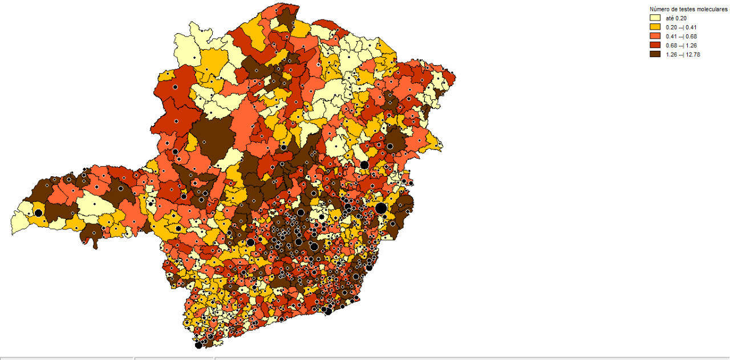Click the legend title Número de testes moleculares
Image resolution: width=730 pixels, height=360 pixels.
tap(688, 9)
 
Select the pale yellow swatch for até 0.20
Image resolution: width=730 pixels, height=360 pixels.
tap(655, 18)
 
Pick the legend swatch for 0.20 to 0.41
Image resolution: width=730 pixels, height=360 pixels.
tap(655, 27)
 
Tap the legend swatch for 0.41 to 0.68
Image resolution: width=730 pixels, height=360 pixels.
tap(655, 36)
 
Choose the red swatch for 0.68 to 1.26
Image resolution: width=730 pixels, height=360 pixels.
tap(655, 45)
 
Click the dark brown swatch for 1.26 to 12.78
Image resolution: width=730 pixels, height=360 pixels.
tap(655, 54)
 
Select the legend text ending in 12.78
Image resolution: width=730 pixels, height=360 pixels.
tap(683, 54)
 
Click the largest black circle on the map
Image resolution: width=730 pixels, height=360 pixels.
tap(381, 208)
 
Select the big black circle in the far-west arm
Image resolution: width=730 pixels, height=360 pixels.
tap(38, 213)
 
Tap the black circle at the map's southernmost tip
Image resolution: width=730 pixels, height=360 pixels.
tap(198, 345)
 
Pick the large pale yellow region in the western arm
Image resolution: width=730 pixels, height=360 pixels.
tap(95, 205)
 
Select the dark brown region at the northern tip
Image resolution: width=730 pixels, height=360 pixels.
tap(286, 17)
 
